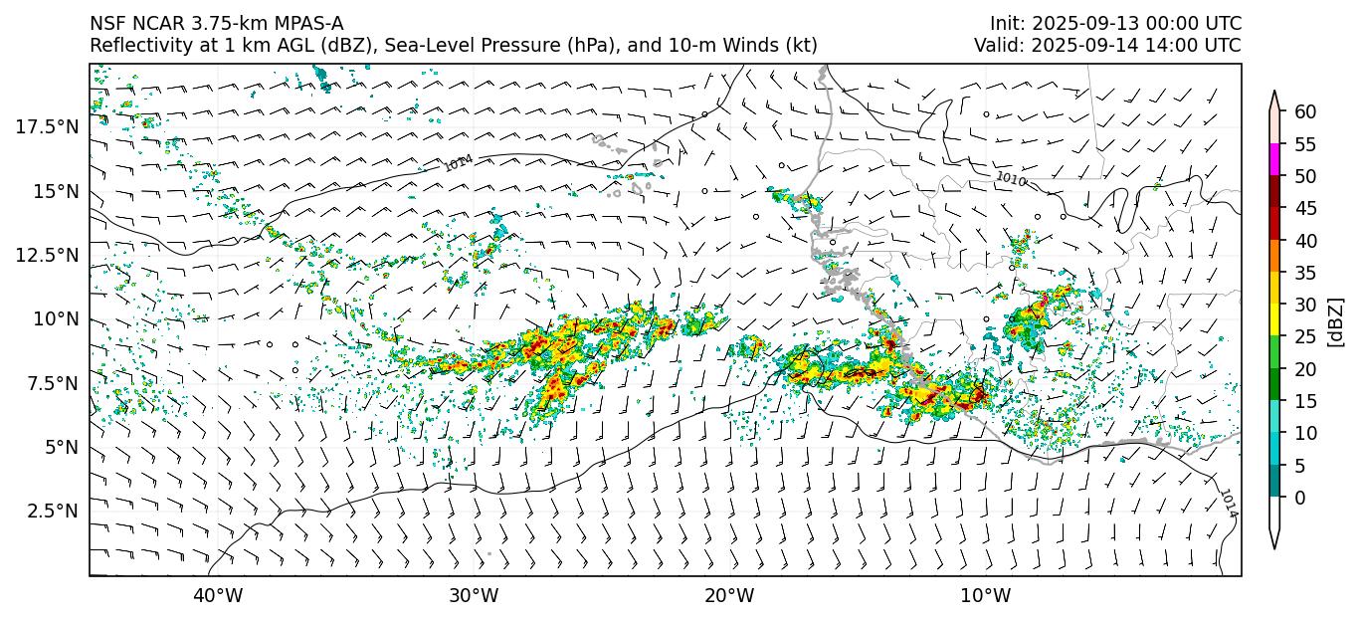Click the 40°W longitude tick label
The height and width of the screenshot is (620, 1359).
pyautogui.click(x=217, y=596)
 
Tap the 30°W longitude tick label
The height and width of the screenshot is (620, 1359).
pyautogui.click(x=474, y=596)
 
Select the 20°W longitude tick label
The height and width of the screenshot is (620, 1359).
pyautogui.click(x=729, y=596)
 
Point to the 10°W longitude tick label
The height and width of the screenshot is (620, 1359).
pyautogui.click(x=986, y=596)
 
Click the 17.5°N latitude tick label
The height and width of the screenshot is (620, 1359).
pyautogui.click(x=47, y=126)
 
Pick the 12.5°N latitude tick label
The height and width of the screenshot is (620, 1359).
pyautogui.click(x=47, y=255)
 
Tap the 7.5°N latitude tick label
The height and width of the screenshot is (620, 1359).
pyautogui.click(x=51, y=383)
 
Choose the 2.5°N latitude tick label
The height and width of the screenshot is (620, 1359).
pyautogui.click(x=51, y=511)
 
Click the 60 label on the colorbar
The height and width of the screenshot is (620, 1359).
pyautogui.click(x=1305, y=112)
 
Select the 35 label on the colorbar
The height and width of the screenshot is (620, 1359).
pyautogui.click(x=1305, y=273)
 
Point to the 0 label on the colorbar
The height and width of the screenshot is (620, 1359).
pyautogui.click(x=1300, y=498)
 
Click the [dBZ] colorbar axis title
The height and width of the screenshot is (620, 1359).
pyautogui.click(x=1336, y=320)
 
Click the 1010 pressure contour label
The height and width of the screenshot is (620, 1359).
pyautogui.click(x=1011, y=178)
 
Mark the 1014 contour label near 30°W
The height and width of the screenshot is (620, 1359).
pyautogui.click(x=459, y=164)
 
